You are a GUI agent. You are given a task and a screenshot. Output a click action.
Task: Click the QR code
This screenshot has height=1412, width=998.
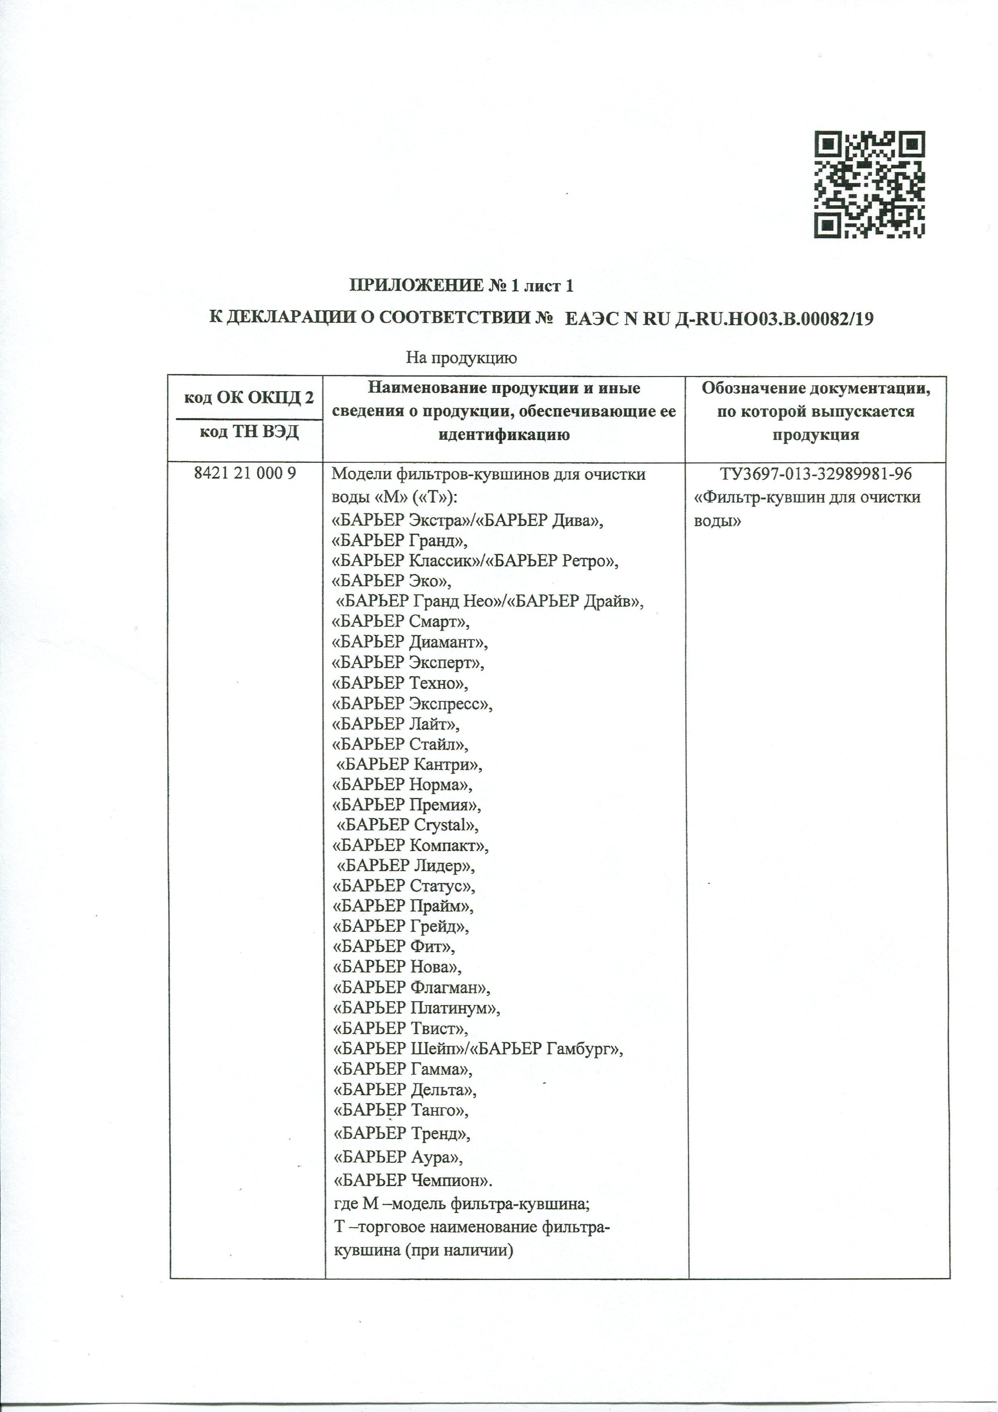(x=870, y=184)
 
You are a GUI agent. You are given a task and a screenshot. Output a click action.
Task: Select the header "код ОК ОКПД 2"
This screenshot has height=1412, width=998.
(x=249, y=398)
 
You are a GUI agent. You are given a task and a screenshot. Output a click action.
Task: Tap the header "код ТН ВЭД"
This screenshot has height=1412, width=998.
(x=249, y=432)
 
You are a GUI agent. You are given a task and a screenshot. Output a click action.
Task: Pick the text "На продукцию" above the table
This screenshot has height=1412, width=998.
(x=461, y=357)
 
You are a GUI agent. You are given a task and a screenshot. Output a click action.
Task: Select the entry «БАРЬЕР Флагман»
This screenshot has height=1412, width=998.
(x=412, y=987)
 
